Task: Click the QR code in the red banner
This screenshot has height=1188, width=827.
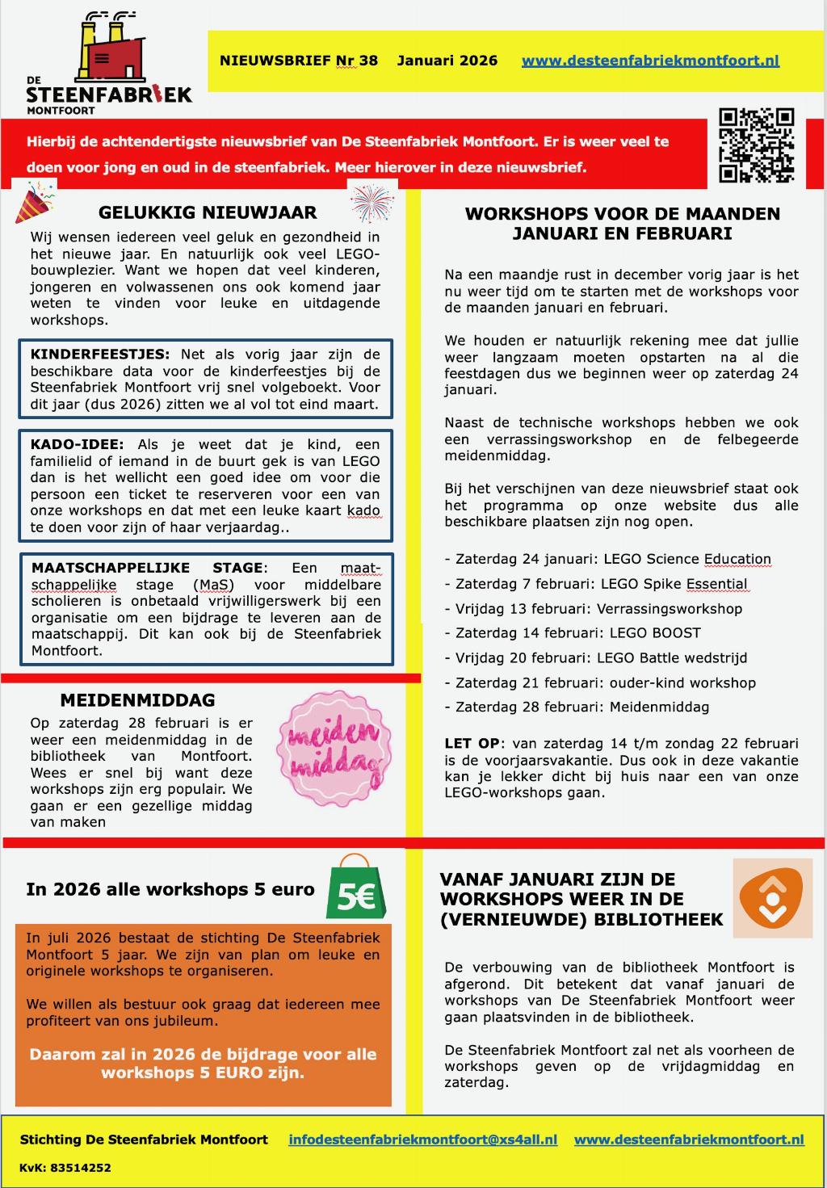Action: [757, 145]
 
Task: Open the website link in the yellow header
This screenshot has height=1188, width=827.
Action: [650, 61]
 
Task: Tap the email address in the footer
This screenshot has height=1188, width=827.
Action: [422, 1140]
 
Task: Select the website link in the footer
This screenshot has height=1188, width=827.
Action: [689, 1140]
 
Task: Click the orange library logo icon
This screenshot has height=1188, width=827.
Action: [772, 897]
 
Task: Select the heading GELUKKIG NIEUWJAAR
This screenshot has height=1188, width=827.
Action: [208, 213]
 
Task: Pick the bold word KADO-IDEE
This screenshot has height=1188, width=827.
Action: [77, 445]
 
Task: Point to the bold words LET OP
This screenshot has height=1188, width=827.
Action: [472, 744]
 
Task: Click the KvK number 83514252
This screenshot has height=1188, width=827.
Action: [65, 1168]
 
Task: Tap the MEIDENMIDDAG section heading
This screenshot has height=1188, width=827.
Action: [137, 700]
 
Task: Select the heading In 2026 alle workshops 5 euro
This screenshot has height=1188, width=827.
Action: [170, 890]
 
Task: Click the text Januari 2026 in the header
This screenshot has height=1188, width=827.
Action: [447, 61]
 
